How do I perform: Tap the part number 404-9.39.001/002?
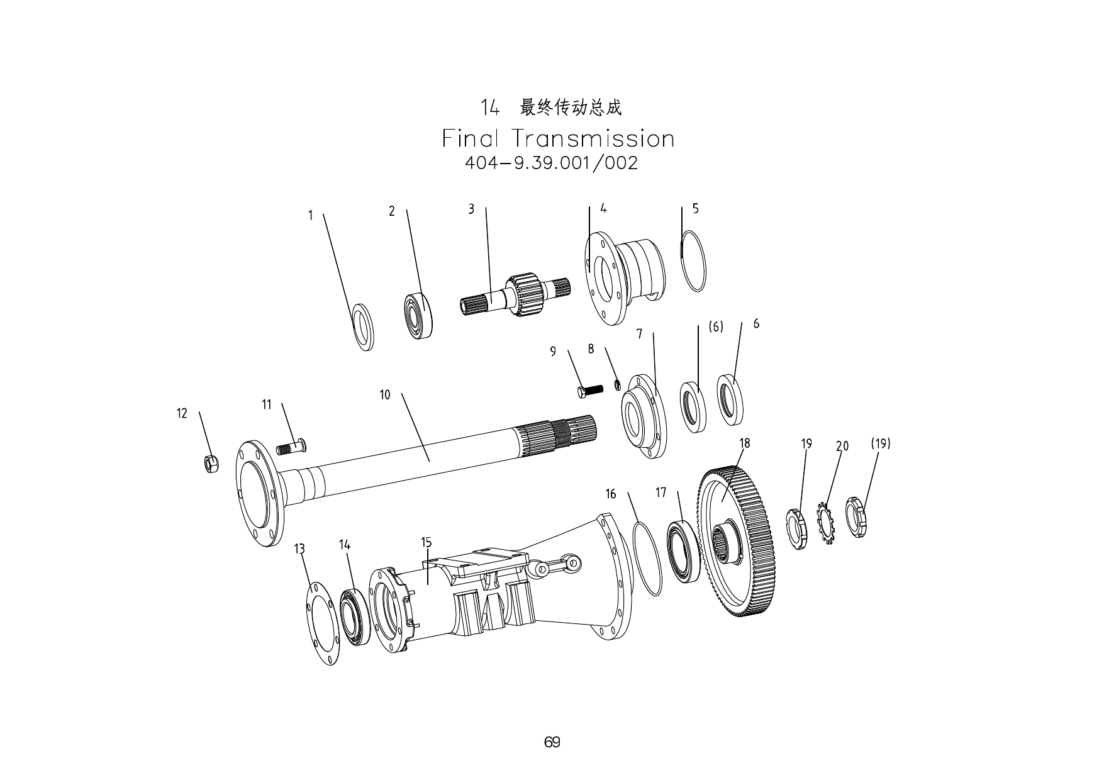[551, 164]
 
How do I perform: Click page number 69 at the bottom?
[552, 742]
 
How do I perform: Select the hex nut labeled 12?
[212, 464]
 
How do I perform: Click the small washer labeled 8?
[618, 384]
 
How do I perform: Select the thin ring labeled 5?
[693, 261]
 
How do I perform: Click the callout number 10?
[384, 395]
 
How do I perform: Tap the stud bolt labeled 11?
[291, 448]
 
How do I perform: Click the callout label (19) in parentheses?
[880, 443]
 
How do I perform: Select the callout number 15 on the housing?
[426, 542]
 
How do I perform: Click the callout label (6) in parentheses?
[716, 327]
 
